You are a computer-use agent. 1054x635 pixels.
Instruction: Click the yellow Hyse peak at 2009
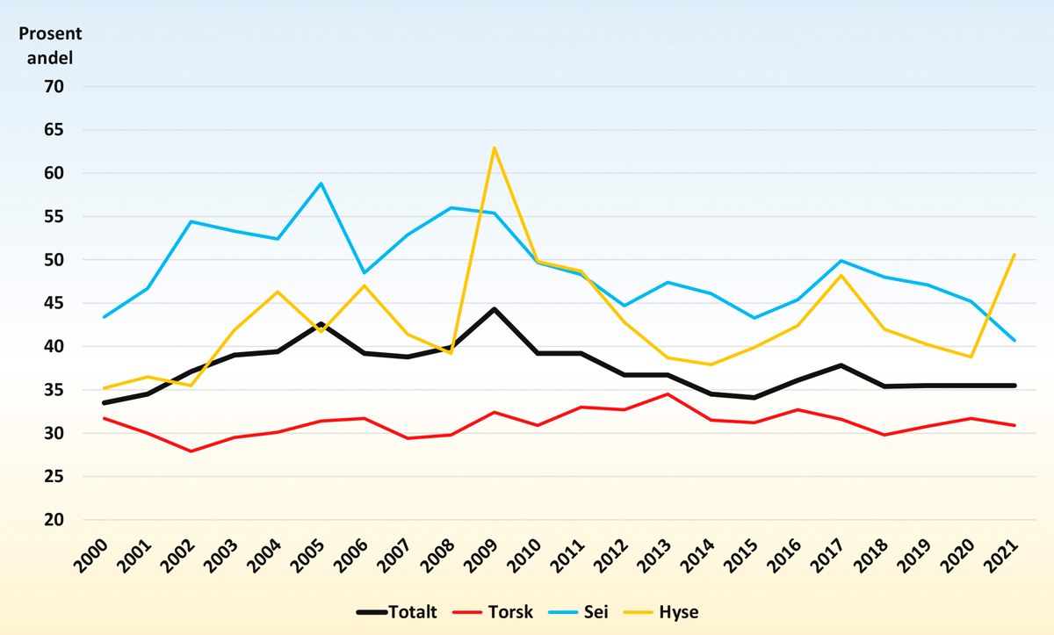tap(495, 148)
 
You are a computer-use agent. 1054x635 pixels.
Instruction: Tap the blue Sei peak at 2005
tap(321, 184)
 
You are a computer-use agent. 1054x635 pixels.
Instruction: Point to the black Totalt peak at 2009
tap(495, 309)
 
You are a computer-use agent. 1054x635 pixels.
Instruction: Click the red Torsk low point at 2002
tap(191, 451)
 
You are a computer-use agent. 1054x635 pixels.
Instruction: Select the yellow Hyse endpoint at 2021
tap(1015, 255)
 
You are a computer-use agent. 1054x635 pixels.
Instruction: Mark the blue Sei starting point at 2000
tap(105, 316)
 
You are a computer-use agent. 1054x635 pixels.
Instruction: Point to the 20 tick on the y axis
tap(54, 520)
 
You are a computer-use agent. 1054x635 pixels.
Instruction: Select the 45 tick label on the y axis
tap(54, 303)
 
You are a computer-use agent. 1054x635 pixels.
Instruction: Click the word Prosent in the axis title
tap(52, 34)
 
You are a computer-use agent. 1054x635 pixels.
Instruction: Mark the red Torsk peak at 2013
tap(668, 394)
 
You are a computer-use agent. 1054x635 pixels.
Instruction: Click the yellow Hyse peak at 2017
tap(841, 275)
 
